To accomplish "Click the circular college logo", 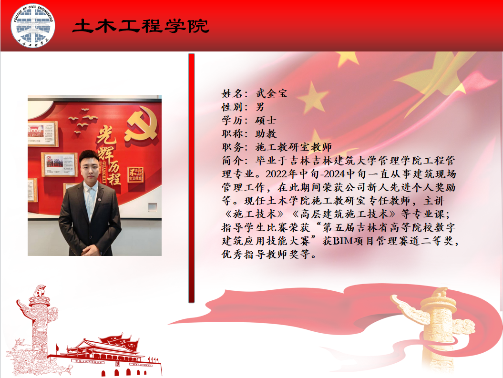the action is (x=33, y=26).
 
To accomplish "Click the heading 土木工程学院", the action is (x=141, y=26).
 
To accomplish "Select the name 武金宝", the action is (x=271, y=93).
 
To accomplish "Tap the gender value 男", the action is (x=260, y=107).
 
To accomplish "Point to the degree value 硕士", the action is (x=266, y=120).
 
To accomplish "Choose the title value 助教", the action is (x=266, y=133).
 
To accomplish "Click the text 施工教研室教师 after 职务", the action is (x=294, y=147).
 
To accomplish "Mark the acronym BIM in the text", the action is (x=343, y=241).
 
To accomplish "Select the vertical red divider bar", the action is (x=192, y=178).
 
